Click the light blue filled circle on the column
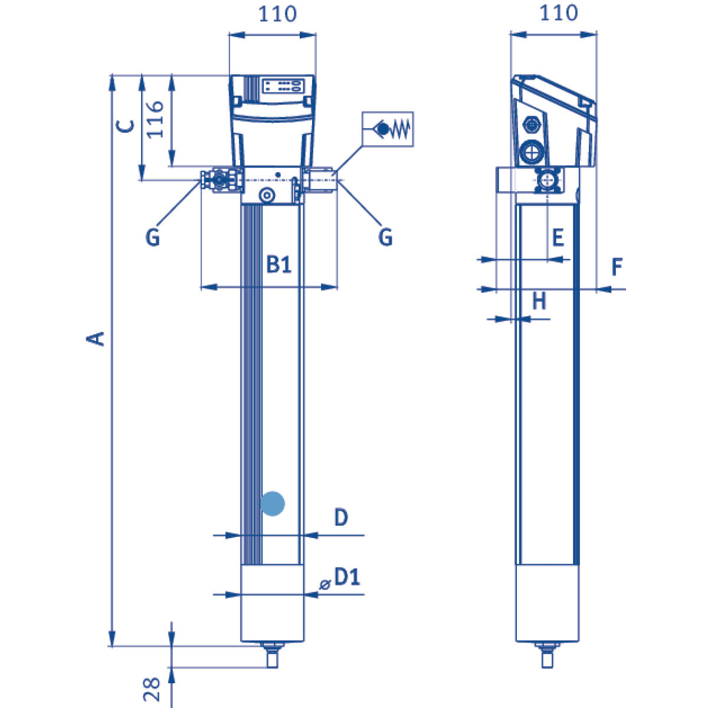[273, 503]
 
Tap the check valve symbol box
[388, 129]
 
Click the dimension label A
[96, 339]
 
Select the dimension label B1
[278, 264]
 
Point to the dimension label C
[126, 126]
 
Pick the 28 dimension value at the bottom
[152, 689]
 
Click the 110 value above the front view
[277, 14]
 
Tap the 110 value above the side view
[559, 13]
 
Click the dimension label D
[341, 517]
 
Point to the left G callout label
[152, 237]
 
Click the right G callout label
[385, 237]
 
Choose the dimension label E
[557, 237]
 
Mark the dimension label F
[617, 267]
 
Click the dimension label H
[539, 301]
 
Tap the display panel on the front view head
[283, 86]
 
